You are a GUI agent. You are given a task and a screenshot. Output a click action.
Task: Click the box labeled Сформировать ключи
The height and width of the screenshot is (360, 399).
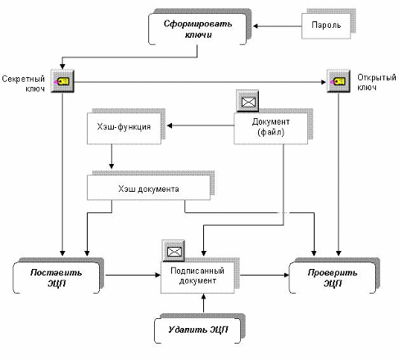pyautogui.click(x=197, y=29)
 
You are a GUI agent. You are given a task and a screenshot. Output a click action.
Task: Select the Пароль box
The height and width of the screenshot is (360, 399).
pyautogui.click(x=326, y=26)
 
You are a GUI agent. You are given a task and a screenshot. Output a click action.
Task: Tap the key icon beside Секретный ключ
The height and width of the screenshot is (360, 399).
pyautogui.click(x=62, y=81)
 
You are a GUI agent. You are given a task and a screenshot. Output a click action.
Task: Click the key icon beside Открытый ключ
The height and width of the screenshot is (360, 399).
pyautogui.click(x=338, y=81)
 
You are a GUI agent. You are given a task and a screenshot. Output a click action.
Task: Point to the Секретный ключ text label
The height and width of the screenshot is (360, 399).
pyautogui.click(x=23, y=84)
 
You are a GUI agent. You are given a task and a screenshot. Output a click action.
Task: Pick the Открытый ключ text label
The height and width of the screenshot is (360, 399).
pyautogui.click(x=377, y=82)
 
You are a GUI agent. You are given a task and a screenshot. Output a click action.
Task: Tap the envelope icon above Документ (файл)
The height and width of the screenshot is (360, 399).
pyautogui.click(x=247, y=101)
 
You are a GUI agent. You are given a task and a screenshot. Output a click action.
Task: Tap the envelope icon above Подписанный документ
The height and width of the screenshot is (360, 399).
pyautogui.click(x=173, y=251)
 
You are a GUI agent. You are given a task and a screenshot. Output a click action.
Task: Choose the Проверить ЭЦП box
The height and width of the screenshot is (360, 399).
pyautogui.click(x=333, y=277)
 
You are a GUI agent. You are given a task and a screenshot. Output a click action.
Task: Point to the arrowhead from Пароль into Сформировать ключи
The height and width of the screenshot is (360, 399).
pyautogui.click(x=256, y=26)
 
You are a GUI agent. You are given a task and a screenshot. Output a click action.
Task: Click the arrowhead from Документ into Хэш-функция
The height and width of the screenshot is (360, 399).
pyautogui.click(x=170, y=125)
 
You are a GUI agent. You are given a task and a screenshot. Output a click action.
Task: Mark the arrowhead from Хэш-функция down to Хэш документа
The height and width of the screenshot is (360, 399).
pyautogui.click(x=111, y=166)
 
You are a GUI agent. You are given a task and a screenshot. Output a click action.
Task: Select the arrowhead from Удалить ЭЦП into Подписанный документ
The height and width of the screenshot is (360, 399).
pyautogui.click(x=203, y=296)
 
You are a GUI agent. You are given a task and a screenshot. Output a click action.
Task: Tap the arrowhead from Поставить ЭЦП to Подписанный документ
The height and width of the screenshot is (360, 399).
pyautogui.click(x=158, y=275)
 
